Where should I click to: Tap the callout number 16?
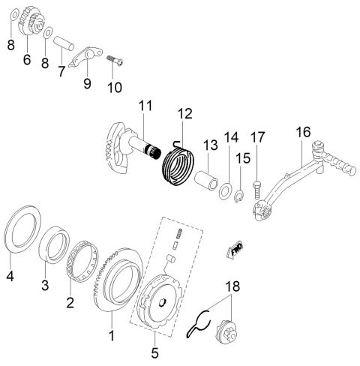[303, 132]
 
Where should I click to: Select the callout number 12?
[185, 113]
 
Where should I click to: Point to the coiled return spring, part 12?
[178, 163]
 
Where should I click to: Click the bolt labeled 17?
[257, 190]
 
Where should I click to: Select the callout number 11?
[145, 106]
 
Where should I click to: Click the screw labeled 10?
[115, 61]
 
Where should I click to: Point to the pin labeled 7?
[64, 43]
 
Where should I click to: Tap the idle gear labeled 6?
[31, 21]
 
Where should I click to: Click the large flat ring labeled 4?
[23, 229]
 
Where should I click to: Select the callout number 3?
[45, 285]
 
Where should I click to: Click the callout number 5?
[154, 353]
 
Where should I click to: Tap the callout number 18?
[232, 286]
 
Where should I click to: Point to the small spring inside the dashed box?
[179, 233]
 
